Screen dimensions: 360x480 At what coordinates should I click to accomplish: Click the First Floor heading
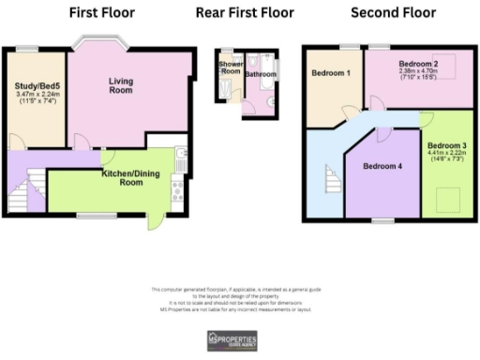click(x=102, y=13)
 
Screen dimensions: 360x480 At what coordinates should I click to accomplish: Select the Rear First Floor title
click(x=245, y=13)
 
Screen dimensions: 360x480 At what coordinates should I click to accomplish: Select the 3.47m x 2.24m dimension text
click(x=37, y=98)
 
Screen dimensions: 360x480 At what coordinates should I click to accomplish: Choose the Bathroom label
click(x=261, y=73)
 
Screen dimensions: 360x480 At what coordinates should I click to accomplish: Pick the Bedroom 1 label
click(x=331, y=73)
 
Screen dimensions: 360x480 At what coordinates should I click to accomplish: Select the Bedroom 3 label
click(x=446, y=146)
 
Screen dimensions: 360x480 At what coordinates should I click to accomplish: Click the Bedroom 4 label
click(x=382, y=167)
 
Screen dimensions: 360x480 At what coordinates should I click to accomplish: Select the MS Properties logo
click(x=240, y=339)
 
